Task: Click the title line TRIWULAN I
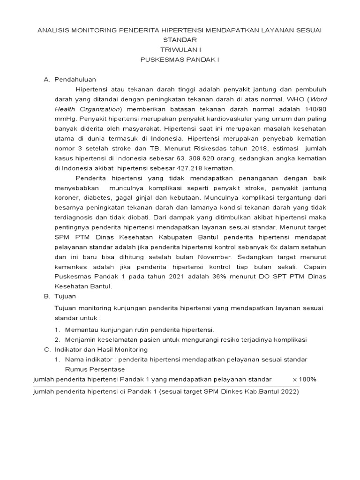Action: (x=180, y=50)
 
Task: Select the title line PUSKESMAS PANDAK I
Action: (x=180, y=60)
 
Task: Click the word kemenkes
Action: (x=70, y=267)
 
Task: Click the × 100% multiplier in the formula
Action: (x=304, y=379)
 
